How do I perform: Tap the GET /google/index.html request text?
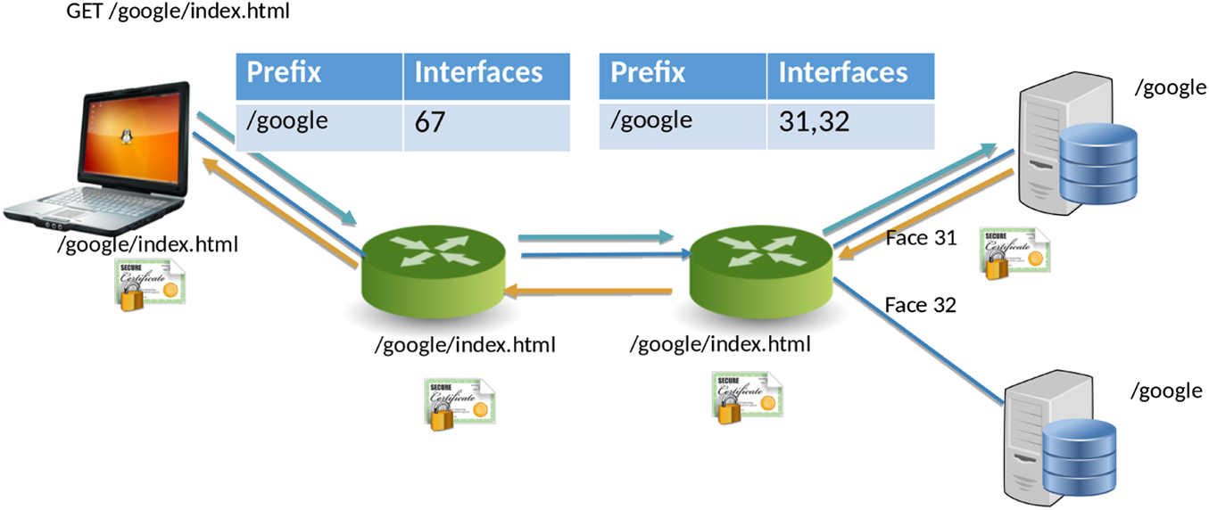pyautogui.click(x=178, y=12)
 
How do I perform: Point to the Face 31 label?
pyautogui.click(x=920, y=238)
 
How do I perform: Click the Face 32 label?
pyautogui.click(x=920, y=305)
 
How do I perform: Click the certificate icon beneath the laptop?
pyautogui.click(x=149, y=284)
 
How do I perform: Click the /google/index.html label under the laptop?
pyautogui.click(x=147, y=243)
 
